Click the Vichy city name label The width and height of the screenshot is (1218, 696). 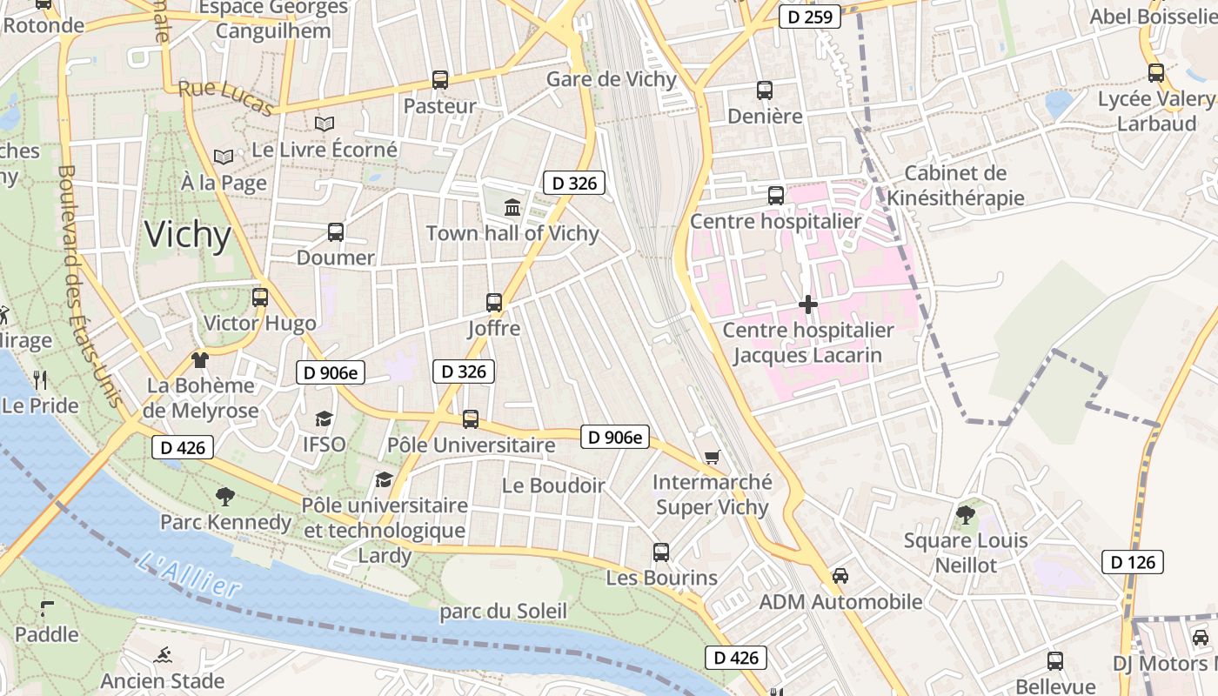point(188,235)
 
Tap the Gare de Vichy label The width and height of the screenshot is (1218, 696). point(611,79)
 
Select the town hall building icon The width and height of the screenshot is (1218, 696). point(512,208)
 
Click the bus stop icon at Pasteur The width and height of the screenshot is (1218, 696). point(440,80)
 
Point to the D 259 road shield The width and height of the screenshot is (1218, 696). point(809,17)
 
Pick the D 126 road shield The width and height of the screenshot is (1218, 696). point(1133,562)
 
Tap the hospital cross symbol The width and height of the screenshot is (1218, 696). point(808,304)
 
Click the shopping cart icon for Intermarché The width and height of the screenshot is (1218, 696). point(712,457)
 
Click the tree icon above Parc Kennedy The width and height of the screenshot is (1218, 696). point(225,497)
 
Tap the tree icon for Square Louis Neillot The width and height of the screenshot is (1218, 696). point(965,515)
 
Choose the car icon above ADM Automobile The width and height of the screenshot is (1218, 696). point(840,576)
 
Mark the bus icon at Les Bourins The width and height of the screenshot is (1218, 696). point(661,552)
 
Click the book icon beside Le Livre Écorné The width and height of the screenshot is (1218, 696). point(325,124)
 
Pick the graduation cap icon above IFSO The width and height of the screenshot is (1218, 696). point(324,418)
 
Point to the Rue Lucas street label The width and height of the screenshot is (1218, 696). point(226,97)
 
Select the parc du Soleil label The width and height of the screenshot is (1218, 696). point(503,612)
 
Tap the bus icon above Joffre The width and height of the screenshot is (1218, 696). point(494,303)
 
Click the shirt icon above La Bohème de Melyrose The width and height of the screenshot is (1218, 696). point(200,359)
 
